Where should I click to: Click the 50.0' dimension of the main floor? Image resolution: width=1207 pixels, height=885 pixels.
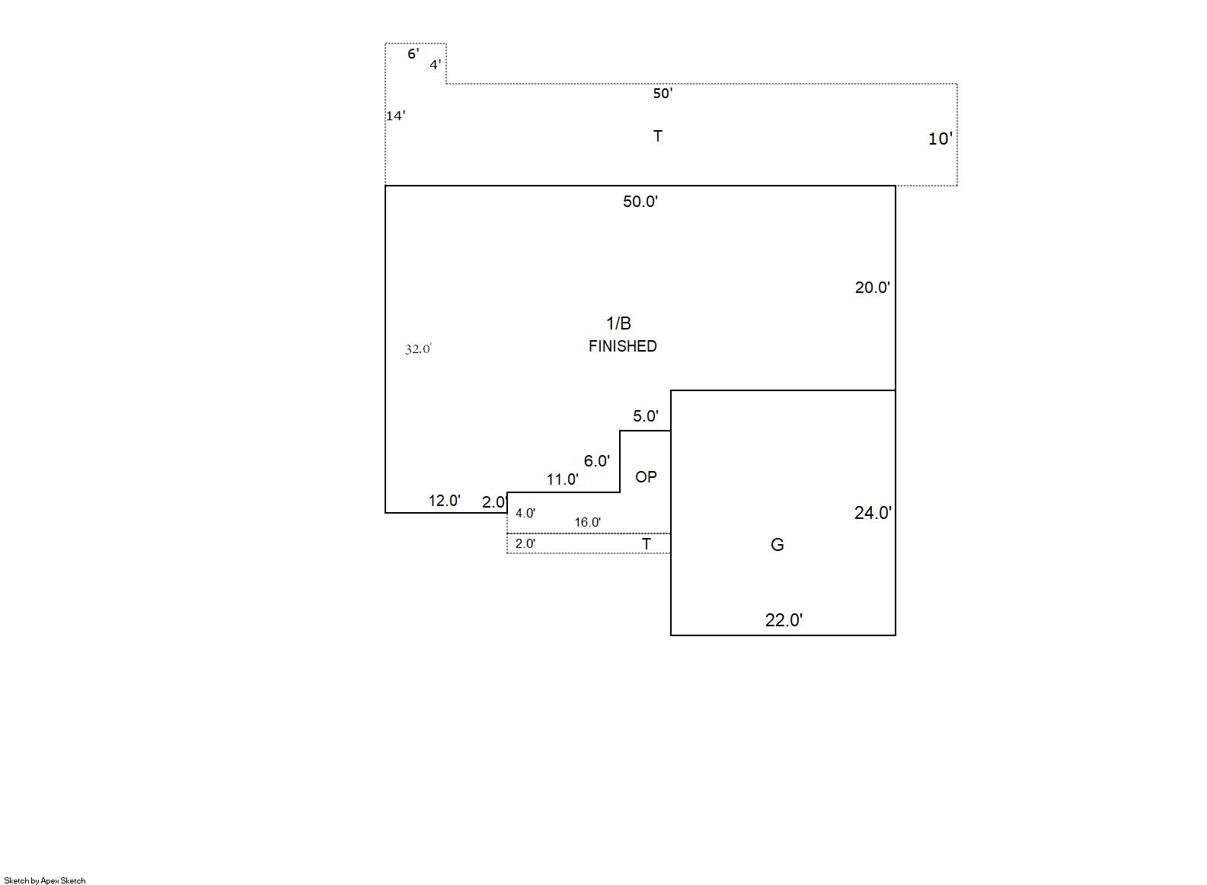[x=640, y=202]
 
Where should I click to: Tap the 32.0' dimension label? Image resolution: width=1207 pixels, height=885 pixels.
[x=418, y=349]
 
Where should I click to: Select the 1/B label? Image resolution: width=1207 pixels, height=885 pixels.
[x=618, y=323]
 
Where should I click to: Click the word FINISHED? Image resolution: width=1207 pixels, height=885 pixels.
[x=622, y=346]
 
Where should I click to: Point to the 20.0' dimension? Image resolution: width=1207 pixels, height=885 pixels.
[x=872, y=288]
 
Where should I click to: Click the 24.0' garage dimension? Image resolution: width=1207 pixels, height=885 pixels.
[x=873, y=512]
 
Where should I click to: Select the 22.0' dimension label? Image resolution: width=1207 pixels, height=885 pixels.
[x=784, y=620]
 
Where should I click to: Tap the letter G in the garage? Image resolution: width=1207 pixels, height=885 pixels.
[x=777, y=545]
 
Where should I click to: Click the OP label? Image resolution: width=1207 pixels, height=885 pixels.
[x=646, y=477]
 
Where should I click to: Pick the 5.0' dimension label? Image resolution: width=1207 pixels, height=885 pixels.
[x=645, y=416]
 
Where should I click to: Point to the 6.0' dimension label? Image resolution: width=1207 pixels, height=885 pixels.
[x=596, y=461]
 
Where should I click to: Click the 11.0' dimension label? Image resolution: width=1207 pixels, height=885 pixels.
[x=562, y=479]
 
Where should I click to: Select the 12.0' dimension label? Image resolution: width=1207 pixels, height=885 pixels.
[x=444, y=501]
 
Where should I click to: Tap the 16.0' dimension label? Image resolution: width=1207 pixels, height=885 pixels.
[x=587, y=522]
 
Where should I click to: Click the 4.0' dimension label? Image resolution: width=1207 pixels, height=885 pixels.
[x=525, y=513]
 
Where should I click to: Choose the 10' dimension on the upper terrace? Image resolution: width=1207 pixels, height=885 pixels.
[x=940, y=139]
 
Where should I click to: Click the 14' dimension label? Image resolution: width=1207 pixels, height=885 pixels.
[x=395, y=116]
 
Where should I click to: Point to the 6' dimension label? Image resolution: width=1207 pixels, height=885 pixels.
[x=413, y=54]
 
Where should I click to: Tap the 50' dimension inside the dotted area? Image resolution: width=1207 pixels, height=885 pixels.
[x=663, y=94]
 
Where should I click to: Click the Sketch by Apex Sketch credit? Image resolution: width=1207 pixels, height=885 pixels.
[x=45, y=880]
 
